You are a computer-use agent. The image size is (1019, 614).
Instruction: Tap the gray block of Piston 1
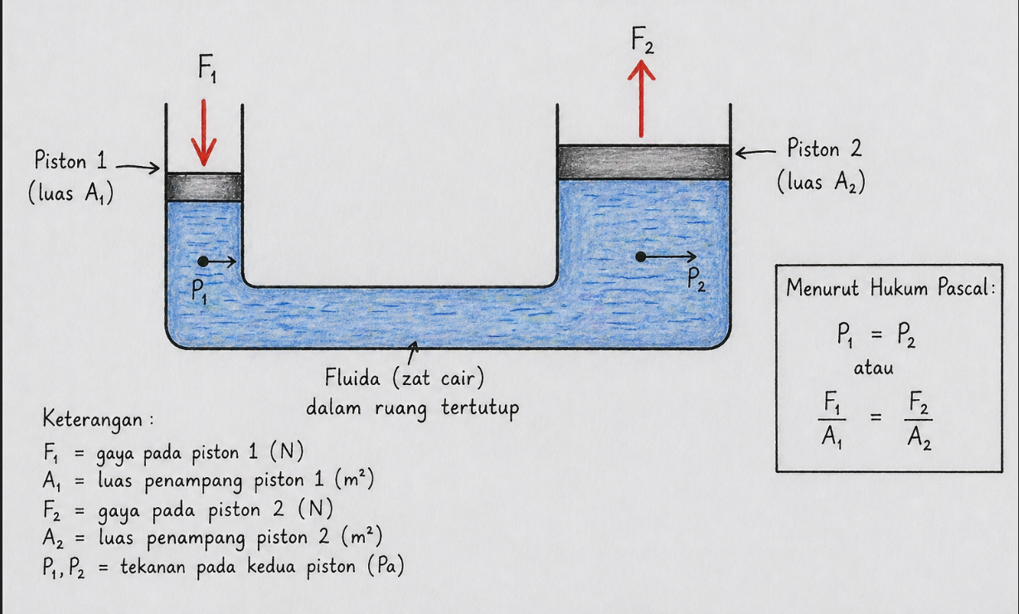pos(203,187)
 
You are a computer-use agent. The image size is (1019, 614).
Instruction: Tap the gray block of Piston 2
pos(643,162)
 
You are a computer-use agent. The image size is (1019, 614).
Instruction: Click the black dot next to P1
pos(203,261)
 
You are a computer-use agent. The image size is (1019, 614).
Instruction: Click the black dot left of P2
pos(640,256)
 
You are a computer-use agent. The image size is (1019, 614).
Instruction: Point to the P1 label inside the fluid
pos(200,291)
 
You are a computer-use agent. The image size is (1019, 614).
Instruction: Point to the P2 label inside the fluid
pos(697,280)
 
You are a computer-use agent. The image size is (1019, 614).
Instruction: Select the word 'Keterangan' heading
pos(92,419)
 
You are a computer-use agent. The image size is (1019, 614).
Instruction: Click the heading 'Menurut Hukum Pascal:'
pos(890,289)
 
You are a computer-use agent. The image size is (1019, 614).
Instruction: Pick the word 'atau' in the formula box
pos(874,368)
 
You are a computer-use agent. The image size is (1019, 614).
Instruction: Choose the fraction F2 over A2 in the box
pos(919,419)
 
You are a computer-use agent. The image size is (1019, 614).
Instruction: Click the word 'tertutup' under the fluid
pos(478,409)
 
